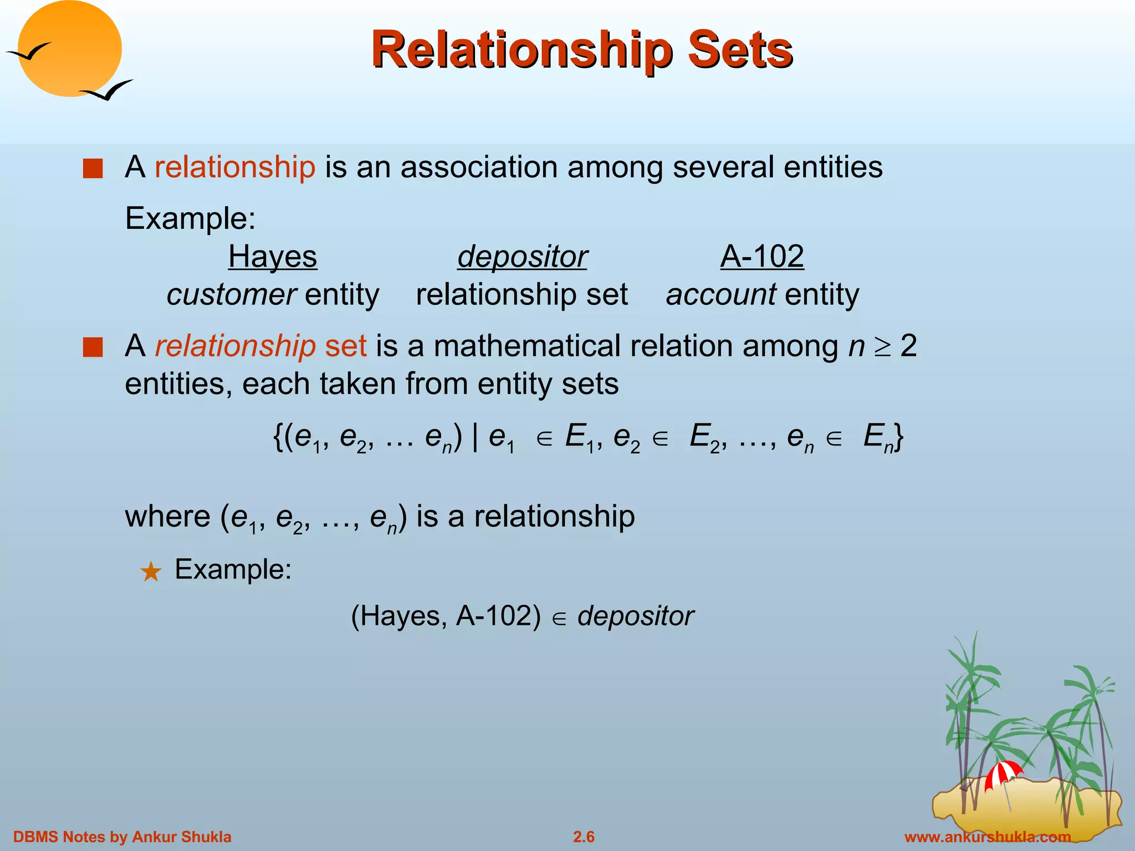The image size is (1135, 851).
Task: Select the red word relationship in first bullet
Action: (x=235, y=167)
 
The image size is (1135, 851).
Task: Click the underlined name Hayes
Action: (x=272, y=257)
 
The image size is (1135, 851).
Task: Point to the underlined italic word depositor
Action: (x=522, y=257)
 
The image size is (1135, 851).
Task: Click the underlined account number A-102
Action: (x=762, y=257)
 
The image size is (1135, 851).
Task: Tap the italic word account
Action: (x=720, y=294)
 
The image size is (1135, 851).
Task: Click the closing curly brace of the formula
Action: (x=898, y=438)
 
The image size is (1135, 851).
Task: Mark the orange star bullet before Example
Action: (x=151, y=571)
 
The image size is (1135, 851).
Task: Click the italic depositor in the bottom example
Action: (x=635, y=616)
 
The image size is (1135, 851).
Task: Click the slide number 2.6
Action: (x=584, y=837)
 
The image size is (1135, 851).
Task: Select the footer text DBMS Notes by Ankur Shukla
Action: (x=122, y=837)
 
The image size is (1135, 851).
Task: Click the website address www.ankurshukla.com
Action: (x=987, y=837)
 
